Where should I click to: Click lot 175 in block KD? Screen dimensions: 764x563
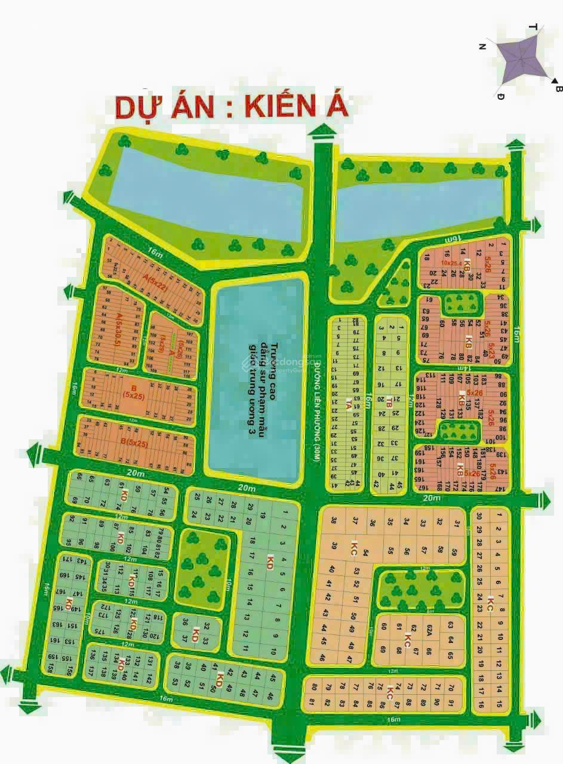[102, 630]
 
